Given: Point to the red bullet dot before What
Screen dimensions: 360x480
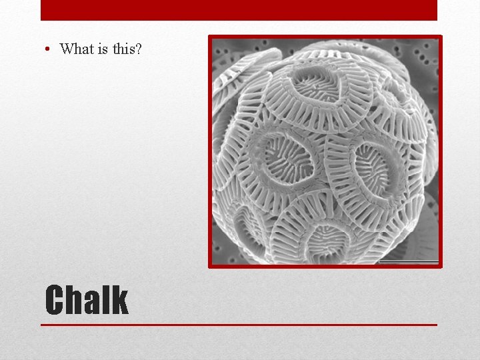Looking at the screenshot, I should point(49,49).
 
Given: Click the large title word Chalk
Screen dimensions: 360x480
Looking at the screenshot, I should point(86,300).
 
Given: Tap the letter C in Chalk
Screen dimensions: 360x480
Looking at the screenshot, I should point(54,300).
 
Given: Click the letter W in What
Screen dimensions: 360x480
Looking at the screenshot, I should point(67,49).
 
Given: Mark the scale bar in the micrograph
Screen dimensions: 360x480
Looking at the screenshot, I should point(408,261).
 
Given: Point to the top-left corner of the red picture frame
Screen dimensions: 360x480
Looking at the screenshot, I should point(210,37).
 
